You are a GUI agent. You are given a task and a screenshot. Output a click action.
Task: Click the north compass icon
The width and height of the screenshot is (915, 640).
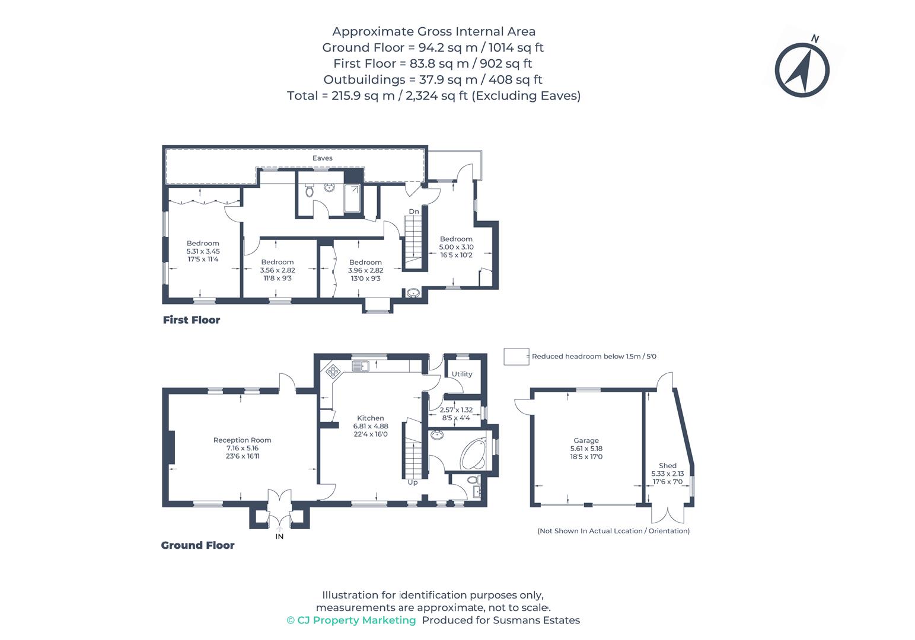click(x=802, y=69)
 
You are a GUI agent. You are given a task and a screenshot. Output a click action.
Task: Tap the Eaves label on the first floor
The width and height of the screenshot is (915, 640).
click(x=323, y=158)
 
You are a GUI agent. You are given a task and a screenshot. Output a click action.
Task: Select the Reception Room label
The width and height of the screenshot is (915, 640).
click(x=242, y=440)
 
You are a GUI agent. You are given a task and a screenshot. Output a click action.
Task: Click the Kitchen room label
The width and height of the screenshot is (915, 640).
click(x=371, y=418)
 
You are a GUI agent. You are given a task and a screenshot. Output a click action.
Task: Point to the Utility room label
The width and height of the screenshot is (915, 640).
click(x=462, y=374)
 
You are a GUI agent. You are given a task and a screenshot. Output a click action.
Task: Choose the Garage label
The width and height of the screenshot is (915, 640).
click(x=586, y=440)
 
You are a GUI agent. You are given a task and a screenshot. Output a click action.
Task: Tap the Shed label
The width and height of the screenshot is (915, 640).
click(x=667, y=466)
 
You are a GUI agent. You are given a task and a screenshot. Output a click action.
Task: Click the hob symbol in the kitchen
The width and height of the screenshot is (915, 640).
click(x=333, y=372)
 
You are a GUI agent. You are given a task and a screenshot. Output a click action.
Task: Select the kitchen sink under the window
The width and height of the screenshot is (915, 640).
click(x=360, y=366)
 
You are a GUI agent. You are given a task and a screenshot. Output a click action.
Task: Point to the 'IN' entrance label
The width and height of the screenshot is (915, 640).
click(x=279, y=537)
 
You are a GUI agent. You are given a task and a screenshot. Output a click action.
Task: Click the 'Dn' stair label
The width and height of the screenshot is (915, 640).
click(x=413, y=212)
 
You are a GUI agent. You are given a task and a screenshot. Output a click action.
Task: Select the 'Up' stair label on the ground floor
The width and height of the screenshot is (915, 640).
click(x=413, y=482)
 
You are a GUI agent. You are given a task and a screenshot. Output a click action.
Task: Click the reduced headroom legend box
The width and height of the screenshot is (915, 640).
click(x=515, y=357)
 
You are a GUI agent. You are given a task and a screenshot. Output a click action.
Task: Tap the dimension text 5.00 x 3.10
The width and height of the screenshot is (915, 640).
click(x=456, y=247)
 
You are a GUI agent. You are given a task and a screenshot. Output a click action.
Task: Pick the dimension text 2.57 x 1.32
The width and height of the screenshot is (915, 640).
click(x=456, y=409)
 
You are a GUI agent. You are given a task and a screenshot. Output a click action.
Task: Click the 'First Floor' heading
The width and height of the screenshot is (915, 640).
click(x=192, y=320)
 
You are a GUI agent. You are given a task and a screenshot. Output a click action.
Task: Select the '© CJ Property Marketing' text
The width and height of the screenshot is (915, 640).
click(x=351, y=620)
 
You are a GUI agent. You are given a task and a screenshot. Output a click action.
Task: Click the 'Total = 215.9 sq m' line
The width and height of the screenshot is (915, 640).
click(x=433, y=95)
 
